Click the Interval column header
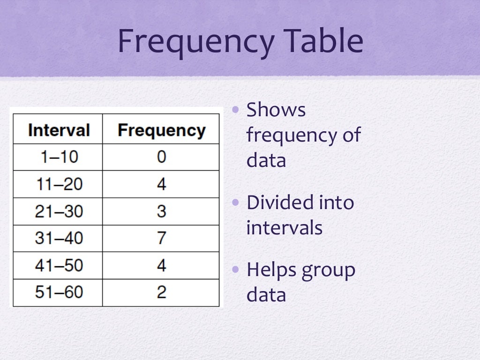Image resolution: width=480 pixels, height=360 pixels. (x=59, y=130)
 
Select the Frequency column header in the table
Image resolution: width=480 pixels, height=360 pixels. (x=161, y=130)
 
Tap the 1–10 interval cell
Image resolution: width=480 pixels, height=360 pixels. (x=59, y=157)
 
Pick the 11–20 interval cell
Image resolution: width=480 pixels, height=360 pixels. (x=59, y=184)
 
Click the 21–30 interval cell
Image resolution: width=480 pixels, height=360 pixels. (x=59, y=211)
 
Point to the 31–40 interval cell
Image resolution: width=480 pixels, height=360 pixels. (x=59, y=238)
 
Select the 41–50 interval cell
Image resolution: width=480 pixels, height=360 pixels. (x=59, y=265)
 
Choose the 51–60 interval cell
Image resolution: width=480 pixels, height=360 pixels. (x=59, y=292)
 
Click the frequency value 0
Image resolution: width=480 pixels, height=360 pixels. (x=161, y=157)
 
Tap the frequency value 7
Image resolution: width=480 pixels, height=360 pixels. (x=161, y=238)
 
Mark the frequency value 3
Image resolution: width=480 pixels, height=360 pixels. (x=161, y=211)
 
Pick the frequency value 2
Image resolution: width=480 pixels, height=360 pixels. (x=161, y=292)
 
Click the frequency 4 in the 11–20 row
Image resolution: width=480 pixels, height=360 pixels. (x=161, y=184)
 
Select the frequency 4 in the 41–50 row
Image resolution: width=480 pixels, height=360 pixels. (x=161, y=265)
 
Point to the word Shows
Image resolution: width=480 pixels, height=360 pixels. (x=276, y=110)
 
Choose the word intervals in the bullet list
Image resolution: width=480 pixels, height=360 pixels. (x=284, y=228)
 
